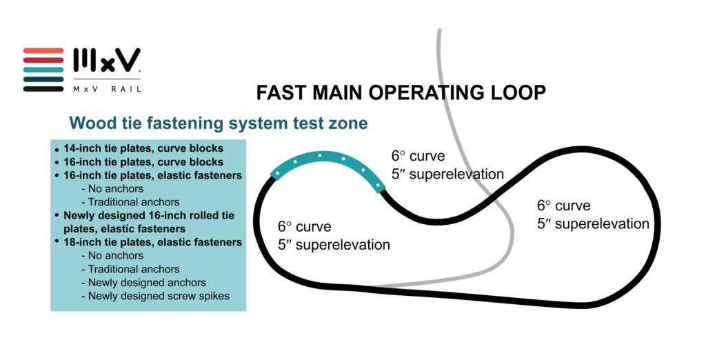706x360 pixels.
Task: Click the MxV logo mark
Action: pyautogui.click(x=107, y=61)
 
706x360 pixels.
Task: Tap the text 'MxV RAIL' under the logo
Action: pyautogui.click(x=107, y=88)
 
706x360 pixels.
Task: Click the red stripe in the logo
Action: pyautogui.click(x=43, y=51)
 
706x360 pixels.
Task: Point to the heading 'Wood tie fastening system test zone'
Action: pyautogui.click(x=219, y=124)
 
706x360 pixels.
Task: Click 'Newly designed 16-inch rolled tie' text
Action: pyautogui.click(x=149, y=215)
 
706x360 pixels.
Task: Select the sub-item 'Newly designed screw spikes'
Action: pyautogui.click(x=159, y=295)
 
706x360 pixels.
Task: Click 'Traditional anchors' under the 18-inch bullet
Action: pyautogui.click(x=134, y=269)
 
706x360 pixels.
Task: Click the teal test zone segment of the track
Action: pyautogui.click(x=324, y=161)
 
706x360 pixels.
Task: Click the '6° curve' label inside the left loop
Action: pyautogui.click(x=305, y=226)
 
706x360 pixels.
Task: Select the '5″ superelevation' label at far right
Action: pyautogui.click(x=593, y=223)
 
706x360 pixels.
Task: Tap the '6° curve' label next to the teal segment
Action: pyautogui.click(x=418, y=156)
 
